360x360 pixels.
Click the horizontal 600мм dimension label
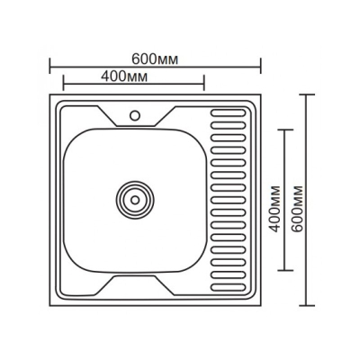click(x=155, y=59)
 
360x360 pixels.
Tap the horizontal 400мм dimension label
click(x=124, y=76)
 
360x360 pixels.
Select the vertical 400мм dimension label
click(x=274, y=209)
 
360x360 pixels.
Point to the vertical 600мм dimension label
click(x=297, y=209)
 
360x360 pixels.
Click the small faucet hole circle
click(x=135, y=115)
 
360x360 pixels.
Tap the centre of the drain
click(x=135, y=200)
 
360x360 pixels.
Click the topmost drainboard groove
click(x=229, y=113)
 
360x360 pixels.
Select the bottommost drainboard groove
click(x=229, y=287)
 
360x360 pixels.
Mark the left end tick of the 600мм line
click(x=49, y=66)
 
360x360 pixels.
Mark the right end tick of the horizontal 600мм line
click(x=261, y=66)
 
